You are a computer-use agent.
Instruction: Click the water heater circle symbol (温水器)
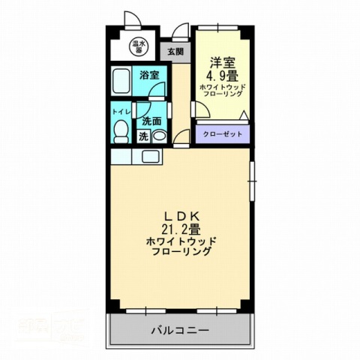[138, 46]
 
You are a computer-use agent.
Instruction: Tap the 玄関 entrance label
[175, 52]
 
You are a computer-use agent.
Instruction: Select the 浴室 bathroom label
[150, 75]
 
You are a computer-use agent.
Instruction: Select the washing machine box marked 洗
[142, 136]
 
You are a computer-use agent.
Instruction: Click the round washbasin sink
[159, 136]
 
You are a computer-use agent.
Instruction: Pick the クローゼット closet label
[220, 135]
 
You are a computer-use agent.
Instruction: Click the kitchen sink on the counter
[149, 157]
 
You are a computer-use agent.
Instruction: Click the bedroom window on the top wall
[219, 28]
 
